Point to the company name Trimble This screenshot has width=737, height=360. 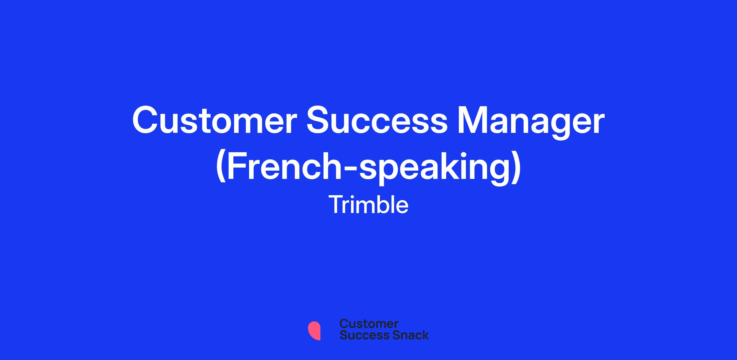[x=368, y=205]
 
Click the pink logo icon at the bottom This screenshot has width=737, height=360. [x=314, y=331]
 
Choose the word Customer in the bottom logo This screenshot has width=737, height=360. [x=369, y=323]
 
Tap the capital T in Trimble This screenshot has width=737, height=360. [x=336, y=205]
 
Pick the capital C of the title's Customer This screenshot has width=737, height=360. [x=146, y=121]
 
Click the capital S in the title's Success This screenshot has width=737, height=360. [x=319, y=121]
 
